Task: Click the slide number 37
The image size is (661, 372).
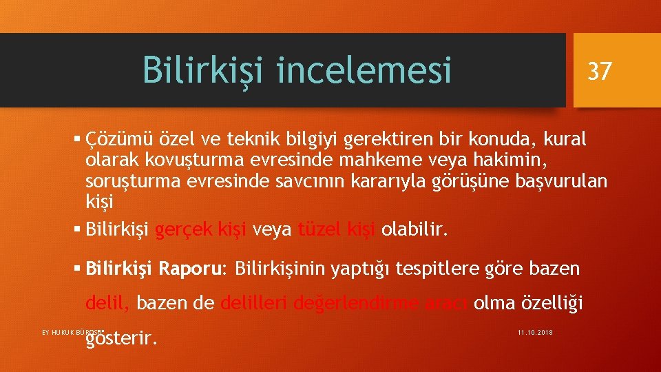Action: point(599,70)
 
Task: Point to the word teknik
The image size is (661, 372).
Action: point(255,140)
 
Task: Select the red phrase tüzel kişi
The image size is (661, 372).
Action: point(337,229)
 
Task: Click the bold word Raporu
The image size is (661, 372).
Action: point(191,267)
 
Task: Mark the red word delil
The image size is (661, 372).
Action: point(109,302)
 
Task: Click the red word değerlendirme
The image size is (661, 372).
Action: point(353,302)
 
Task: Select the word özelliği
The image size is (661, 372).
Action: point(546,302)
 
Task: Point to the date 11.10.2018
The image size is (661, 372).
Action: point(534,333)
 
